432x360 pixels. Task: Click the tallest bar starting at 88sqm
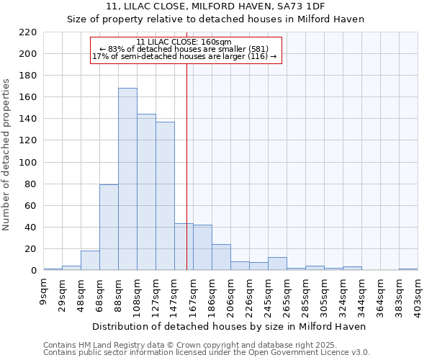(127, 179)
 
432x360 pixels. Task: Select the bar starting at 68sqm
(109, 228)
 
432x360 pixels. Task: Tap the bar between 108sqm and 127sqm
(146, 192)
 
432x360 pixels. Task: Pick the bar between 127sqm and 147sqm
(165, 196)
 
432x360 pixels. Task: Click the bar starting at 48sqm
(90, 261)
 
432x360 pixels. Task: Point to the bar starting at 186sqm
(221, 257)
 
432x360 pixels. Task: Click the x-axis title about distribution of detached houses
(230, 326)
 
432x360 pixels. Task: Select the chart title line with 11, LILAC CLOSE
(215, 6)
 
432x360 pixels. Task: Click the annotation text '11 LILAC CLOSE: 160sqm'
(184, 42)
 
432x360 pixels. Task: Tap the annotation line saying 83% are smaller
(184, 49)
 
